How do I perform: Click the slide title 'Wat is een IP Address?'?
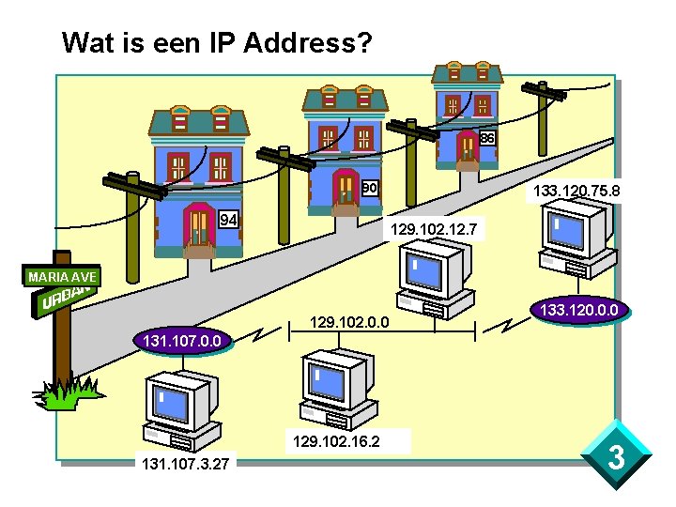pyautogui.click(x=217, y=42)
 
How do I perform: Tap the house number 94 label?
pyautogui.click(x=228, y=220)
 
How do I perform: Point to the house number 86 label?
pyautogui.click(x=486, y=138)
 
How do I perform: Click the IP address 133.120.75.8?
pyautogui.click(x=576, y=192)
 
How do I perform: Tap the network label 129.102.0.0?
pyautogui.click(x=350, y=324)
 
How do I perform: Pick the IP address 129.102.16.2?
pyautogui.click(x=336, y=440)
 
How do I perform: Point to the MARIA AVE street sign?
pyautogui.click(x=60, y=277)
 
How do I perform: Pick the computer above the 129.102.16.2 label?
pyautogui.click(x=340, y=387)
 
